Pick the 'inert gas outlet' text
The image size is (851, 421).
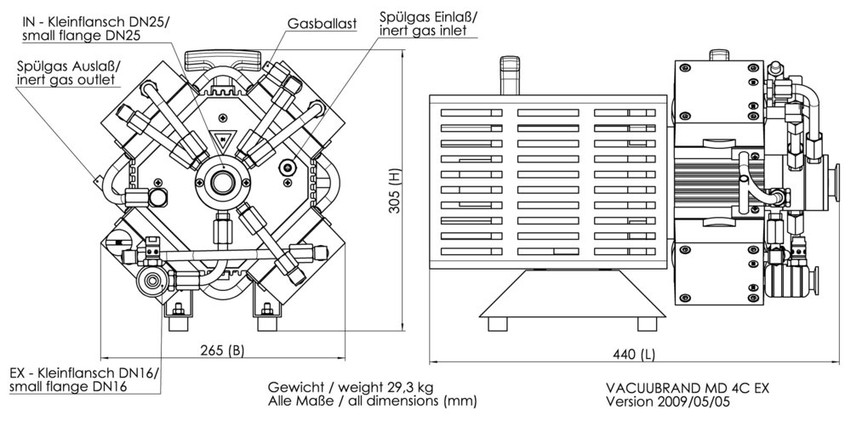pos(66,79)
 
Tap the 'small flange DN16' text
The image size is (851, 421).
pos(68,387)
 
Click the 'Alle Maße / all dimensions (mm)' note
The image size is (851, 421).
pos(372,400)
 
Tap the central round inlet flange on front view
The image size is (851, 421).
pos(224,181)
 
